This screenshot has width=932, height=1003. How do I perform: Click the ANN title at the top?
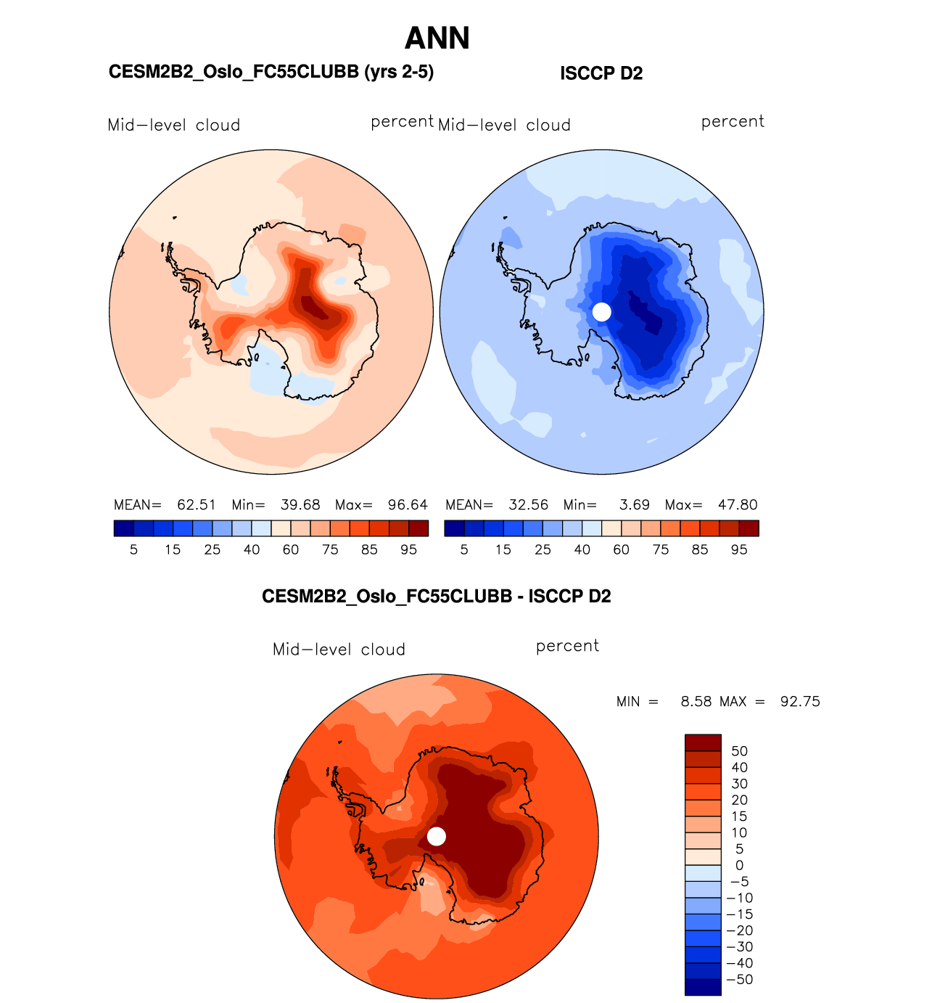tap(437, 38)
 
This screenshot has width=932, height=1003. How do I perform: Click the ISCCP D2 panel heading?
tap(601, 73)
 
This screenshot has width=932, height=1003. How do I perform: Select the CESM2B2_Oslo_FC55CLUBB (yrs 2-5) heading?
tap(271, 72)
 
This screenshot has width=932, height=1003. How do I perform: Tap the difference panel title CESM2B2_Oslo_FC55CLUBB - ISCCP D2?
tap(437, 597)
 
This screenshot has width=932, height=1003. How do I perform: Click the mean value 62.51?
tap(197, 505)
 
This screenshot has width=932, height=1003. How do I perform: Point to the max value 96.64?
tap(408, 505)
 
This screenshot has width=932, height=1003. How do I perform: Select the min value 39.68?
tap(300, 505)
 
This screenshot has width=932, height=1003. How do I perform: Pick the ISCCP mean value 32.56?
tap(529, 505)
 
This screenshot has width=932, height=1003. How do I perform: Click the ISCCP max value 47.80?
tap(738, 505)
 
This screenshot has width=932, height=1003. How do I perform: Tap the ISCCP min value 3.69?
tap(635, 505)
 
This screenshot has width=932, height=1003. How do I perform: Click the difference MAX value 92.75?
tap(800, 702)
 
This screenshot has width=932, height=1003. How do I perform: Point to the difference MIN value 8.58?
tap(696, 702)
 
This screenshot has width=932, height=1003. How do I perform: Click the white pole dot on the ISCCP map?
tap(602, 312)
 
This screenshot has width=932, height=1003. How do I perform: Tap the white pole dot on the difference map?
tap(437, 837)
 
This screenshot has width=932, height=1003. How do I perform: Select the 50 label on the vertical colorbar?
tap(739, 751)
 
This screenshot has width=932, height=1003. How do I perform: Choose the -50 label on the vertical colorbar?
tap(740, 980)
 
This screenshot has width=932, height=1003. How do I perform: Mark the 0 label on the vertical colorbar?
tap(739, 865)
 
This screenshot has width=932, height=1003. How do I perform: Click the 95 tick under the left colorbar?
tap(409, 550)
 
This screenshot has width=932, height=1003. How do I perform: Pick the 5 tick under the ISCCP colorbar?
tap(464, 550)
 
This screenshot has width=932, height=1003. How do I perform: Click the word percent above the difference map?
tap(567, 646)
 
